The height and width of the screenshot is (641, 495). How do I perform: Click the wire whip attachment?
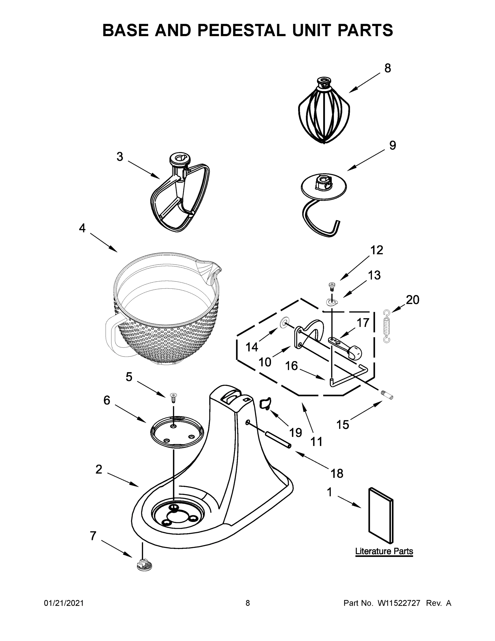coord(324,115)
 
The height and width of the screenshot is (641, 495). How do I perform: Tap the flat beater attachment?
coord(180,194)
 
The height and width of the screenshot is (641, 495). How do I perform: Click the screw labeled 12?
coord(332,285)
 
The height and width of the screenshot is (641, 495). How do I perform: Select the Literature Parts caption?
coord(384,551)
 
